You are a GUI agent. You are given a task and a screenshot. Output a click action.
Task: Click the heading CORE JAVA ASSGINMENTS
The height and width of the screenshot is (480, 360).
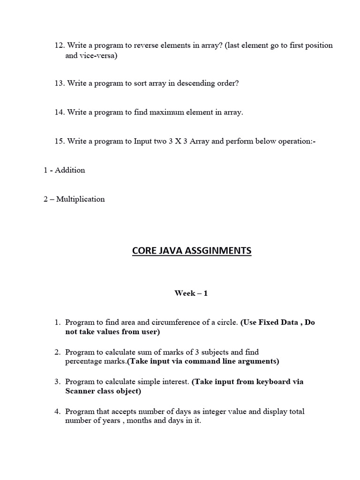click(x=191, y=251)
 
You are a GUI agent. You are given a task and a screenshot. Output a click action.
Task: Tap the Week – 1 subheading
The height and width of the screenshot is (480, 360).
click(x=191, y=293)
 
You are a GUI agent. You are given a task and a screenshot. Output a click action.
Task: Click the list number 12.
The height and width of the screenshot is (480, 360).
click(x=59, y=45)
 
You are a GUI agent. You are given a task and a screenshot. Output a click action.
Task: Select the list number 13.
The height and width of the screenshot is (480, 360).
click(x=59, y=83)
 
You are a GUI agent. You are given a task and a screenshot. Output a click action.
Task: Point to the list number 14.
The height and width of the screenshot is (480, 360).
click(x=59, y=112)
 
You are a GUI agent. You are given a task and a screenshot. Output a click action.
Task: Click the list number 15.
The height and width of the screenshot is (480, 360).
click(x=59, y=141)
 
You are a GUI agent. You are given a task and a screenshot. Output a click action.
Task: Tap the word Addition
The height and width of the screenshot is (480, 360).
click(x=70, y=170)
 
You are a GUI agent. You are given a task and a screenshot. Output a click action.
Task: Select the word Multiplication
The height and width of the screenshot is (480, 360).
click(x=81, y=199)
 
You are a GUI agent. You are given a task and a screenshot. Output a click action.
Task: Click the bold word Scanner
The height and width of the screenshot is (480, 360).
click(x=81, y=391)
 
